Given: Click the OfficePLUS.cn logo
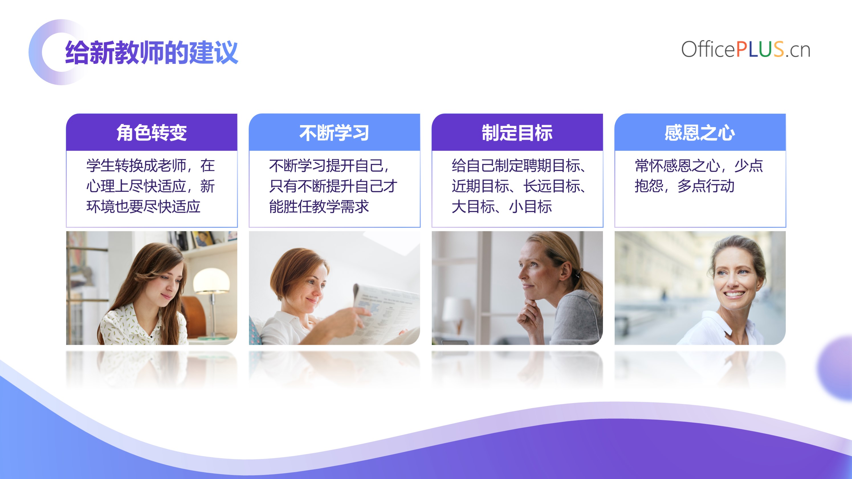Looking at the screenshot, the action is tap(745, 50).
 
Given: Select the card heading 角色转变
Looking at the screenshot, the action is tap(152, 133).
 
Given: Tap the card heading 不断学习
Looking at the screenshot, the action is tap(334, 133).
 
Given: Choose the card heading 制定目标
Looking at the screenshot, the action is tap(517, 133).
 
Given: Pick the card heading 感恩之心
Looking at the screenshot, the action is tap(700, 133).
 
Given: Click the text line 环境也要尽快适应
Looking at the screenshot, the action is tap(144, 206).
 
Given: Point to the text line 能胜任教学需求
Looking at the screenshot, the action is tap(319, 206).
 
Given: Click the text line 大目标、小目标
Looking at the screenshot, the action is tap(502, 206).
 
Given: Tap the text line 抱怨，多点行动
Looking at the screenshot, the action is tap(684, 186).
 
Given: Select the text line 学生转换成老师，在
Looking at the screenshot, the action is tap(150, 165).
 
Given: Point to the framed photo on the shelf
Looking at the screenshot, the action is tap(202, 238).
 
